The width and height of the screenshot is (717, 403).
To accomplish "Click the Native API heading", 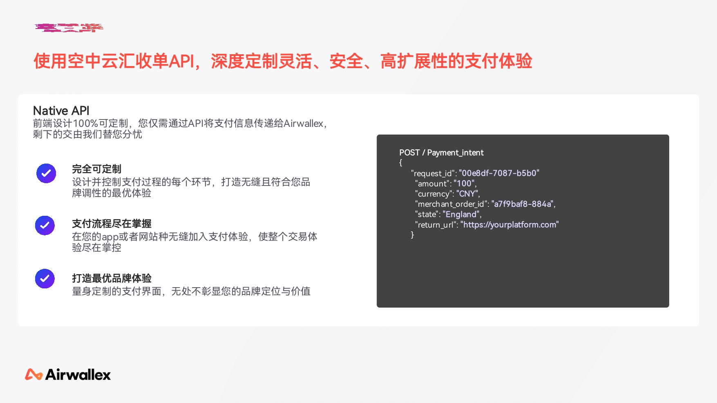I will [x=61, y=111].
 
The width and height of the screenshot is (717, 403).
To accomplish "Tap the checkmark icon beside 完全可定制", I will [x=46, y=173].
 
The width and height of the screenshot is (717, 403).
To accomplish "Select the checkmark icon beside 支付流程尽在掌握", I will [x=45, y=226].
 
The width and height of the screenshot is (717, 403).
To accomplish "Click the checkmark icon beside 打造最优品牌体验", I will [x=45, y=279].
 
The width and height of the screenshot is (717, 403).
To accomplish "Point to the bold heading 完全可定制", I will [x=97, y=169].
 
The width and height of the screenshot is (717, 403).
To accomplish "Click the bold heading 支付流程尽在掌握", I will [x=112, y=224].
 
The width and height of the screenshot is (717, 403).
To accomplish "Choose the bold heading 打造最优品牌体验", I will [x=112, y=278].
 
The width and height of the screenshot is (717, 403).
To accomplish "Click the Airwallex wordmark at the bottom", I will [x=78, y=374].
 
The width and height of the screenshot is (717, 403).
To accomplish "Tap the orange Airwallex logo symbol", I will [x=34, y=374].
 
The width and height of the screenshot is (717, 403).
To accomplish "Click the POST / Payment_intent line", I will [x=441, y=153].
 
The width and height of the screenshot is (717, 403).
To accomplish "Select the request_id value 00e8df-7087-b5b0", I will [x=499, y=173].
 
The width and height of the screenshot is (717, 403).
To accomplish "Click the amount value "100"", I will [x=465, y=184].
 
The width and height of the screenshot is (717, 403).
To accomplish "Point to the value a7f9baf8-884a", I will [x=523, y=204].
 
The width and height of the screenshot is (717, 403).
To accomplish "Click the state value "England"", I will [x=461, y=214].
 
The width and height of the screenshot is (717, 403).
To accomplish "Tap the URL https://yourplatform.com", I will [x=509, y=225].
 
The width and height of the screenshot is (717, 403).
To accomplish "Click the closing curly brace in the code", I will [x=412, y=235].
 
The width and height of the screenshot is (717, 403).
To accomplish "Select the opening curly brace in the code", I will [x=401, y=162].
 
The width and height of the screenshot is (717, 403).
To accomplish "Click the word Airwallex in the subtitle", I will [x=304, y=123].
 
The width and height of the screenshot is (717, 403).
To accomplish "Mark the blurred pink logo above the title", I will [x=69, y=28].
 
